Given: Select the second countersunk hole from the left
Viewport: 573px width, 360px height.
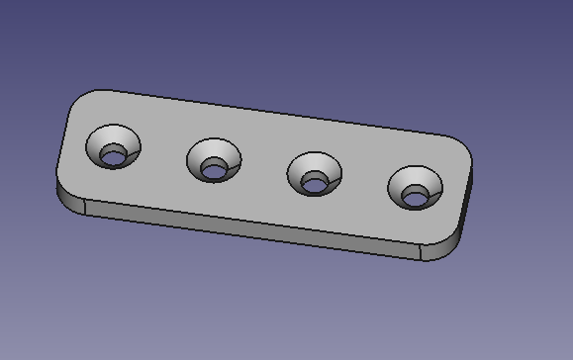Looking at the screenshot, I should click(214, 160).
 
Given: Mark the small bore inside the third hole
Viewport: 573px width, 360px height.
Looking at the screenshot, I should click(316, 183).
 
